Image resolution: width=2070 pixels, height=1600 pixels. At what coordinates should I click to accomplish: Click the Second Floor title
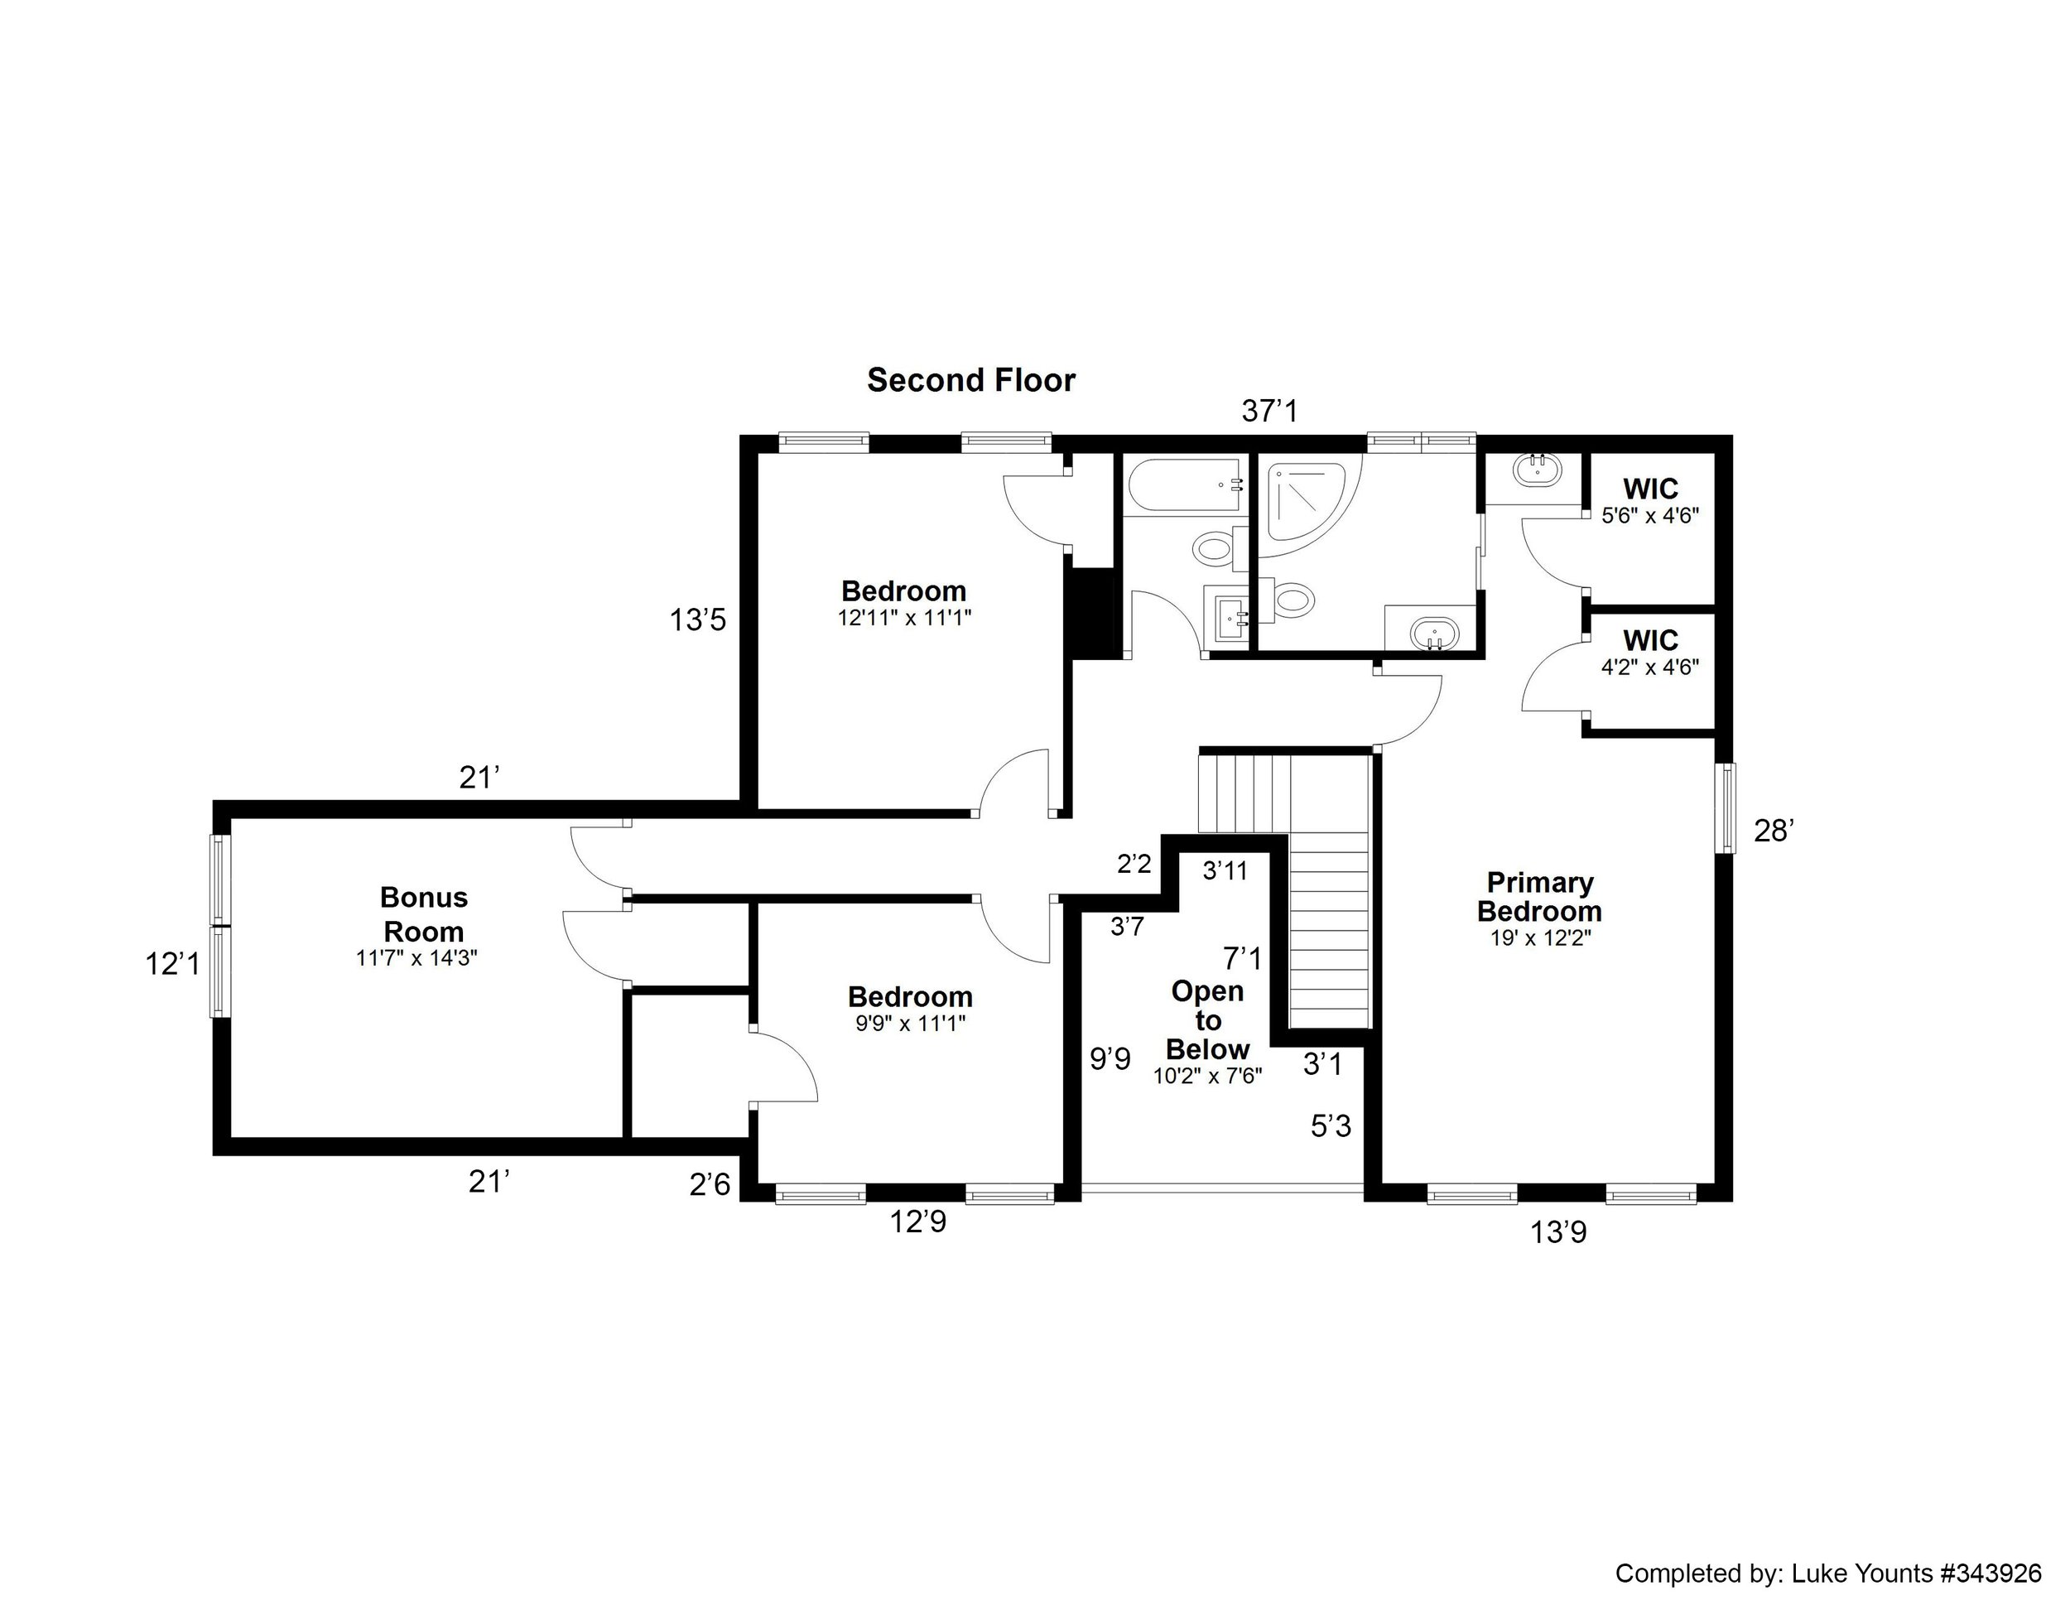tap(970, 380)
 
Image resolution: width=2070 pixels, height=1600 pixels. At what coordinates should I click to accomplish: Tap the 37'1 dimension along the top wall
tap(1269, 411)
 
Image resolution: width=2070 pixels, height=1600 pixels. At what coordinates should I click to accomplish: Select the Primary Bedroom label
tap(1538, 897)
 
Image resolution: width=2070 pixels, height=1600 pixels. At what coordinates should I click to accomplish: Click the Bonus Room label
tap(424, 913)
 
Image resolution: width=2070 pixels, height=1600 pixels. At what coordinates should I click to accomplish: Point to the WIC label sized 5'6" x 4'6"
tap(1650, 489)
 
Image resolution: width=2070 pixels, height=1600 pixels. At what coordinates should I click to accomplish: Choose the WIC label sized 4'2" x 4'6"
tap(1650, 640)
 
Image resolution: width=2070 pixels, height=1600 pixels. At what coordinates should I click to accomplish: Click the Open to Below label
tap(1207, 1020)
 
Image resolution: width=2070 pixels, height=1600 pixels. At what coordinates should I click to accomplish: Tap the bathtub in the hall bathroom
tap(1183, 486)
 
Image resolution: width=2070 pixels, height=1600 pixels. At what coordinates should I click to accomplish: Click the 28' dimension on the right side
tap(1774, 831)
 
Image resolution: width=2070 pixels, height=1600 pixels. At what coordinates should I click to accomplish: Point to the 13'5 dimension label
tap(697, 620)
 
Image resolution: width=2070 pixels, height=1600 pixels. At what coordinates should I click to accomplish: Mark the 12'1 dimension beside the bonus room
tap(172, 964)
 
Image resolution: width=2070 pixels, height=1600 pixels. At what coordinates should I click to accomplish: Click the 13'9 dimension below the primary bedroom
tap(1558, 1232)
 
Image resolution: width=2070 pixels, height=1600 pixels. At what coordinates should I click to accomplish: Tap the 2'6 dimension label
tap(710, 1184)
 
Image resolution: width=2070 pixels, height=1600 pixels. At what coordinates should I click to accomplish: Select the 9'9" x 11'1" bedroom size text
tap(910, 1024)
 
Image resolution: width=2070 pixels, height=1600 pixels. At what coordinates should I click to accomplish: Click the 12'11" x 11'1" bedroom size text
tap(904, 618)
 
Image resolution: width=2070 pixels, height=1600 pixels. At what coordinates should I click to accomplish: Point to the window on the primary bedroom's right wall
tap(1728, 808)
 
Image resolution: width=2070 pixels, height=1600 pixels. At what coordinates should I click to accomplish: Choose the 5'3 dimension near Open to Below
tap(1331, 1126)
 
